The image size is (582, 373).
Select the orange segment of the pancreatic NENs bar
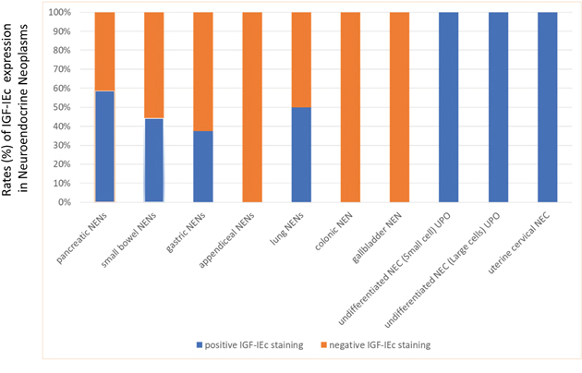coord(104,51)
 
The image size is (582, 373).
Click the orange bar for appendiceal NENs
coord(251,106)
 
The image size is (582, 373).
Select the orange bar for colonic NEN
coord(350,106)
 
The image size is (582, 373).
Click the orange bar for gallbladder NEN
coord(399,106)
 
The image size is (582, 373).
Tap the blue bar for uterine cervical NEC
coord(547,106)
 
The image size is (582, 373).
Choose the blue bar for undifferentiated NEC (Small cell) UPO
coord(448,106)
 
